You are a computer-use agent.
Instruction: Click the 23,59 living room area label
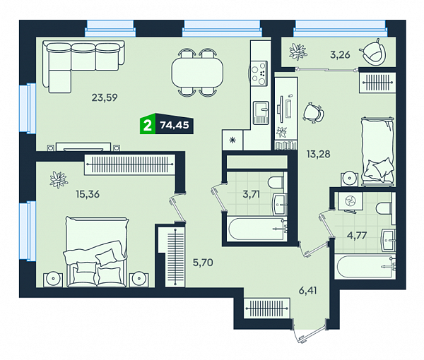coord(105,97)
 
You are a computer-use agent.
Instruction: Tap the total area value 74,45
coord(175,126)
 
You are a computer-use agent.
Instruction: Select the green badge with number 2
coord(148,126)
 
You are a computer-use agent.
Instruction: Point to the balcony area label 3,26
coord(340,55)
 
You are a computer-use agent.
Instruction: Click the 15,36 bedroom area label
coord(88,194)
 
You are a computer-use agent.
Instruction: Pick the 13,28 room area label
coord(318,154)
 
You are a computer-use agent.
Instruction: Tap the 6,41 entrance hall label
coord(307,291)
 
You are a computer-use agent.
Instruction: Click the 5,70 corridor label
coord(203,263)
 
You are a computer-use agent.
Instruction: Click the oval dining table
coord(197,73)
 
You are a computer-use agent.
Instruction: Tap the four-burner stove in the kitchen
coord(259,73)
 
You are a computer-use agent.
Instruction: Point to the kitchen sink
coord(261,113)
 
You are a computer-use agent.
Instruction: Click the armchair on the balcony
coord(372,52)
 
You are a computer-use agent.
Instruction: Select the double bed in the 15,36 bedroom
coord(96,252)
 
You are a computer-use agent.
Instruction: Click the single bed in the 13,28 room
coord(378,151)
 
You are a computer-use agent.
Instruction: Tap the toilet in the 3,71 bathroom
coord(276,183)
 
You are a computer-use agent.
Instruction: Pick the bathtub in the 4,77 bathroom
coord(365,267)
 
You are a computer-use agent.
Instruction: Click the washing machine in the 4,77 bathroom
coord(351,200)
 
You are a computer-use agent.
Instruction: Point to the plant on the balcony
coord(298,52)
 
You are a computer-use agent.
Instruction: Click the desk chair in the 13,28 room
coord(314,113)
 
